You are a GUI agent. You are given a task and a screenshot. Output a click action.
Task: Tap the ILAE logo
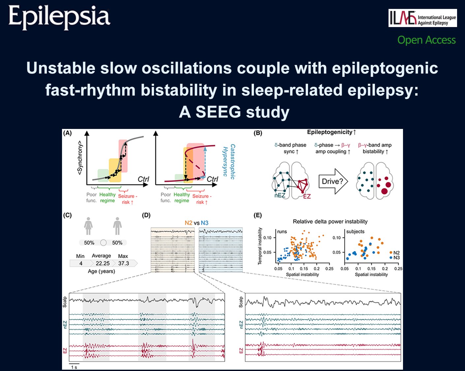coord(423,18)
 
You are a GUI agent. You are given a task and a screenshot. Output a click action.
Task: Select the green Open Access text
coord(426,40)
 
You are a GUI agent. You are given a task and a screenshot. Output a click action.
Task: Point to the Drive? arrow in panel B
coord(333,181)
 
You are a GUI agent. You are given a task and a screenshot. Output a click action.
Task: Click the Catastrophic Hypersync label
coord(229,162)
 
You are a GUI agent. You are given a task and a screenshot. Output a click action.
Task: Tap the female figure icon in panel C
coord(88,226)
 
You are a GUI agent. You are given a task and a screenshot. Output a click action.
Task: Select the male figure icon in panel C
coord(117,226)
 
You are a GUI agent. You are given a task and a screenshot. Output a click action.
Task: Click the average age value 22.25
coord(103,263)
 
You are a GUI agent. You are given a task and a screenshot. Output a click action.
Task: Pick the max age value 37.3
coord(124,263)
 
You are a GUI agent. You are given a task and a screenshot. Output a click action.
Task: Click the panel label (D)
coord(146,215)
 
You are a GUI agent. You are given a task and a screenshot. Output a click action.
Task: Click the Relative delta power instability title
coord(330,222)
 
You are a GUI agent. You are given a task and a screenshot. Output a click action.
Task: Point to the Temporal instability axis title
coord(260,246)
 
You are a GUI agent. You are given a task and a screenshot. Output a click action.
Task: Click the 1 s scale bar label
coord(74,367)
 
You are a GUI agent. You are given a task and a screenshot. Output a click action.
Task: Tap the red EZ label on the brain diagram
coord(307,197)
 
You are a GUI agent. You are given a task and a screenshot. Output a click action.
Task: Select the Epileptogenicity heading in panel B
coord(331,132)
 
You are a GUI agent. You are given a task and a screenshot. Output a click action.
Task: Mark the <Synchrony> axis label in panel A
coord(80,158)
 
